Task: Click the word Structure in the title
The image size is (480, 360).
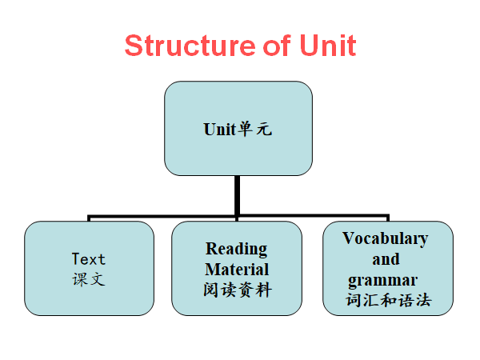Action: tap(181, 46)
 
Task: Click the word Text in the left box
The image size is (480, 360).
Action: tap(88, 259)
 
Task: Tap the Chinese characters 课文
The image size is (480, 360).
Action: tap(88, 280)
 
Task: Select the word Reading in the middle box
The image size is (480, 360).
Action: tap(237, 249)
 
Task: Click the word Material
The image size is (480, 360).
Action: tap(237, 269)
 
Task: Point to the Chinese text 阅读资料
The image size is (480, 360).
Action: tap(237, 290)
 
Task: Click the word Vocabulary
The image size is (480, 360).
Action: tap(386, 238)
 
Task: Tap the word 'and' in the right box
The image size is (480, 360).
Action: tap(386, 259)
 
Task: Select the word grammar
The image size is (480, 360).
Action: tap(382, 281)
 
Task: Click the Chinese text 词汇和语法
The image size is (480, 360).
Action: tap(389, 302)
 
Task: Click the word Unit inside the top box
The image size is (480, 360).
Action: tap(220, 129)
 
